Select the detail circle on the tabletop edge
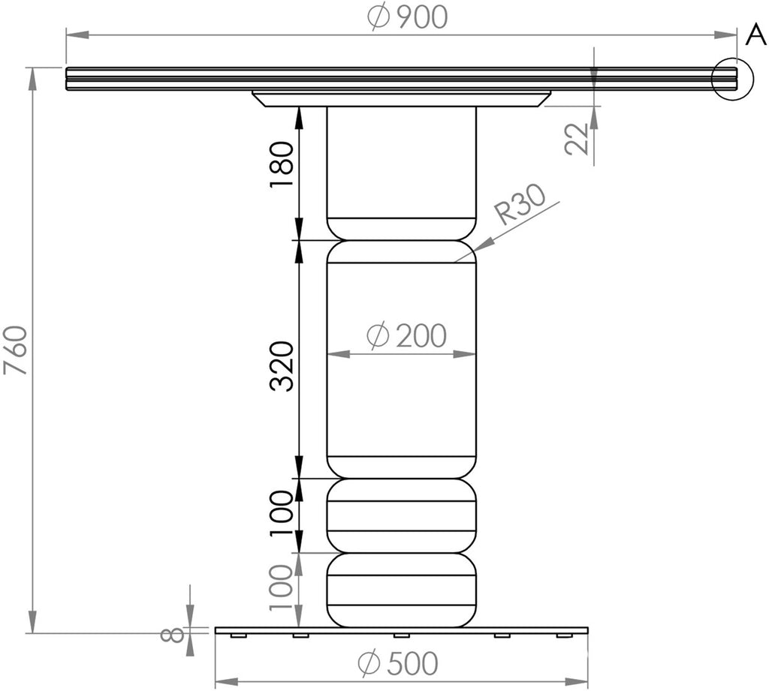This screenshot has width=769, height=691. point(731,79)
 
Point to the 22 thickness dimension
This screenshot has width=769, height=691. point(578,139)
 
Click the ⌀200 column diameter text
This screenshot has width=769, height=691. point(406,336)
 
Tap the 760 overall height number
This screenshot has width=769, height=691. point(17,350)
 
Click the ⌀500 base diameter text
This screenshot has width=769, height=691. point(398,663)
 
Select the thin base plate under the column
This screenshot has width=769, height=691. point(401,630)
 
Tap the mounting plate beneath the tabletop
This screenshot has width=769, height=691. point(401,98)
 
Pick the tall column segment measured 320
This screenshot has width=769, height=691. point(401,360)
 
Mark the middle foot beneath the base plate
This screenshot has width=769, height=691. point(401,636)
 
